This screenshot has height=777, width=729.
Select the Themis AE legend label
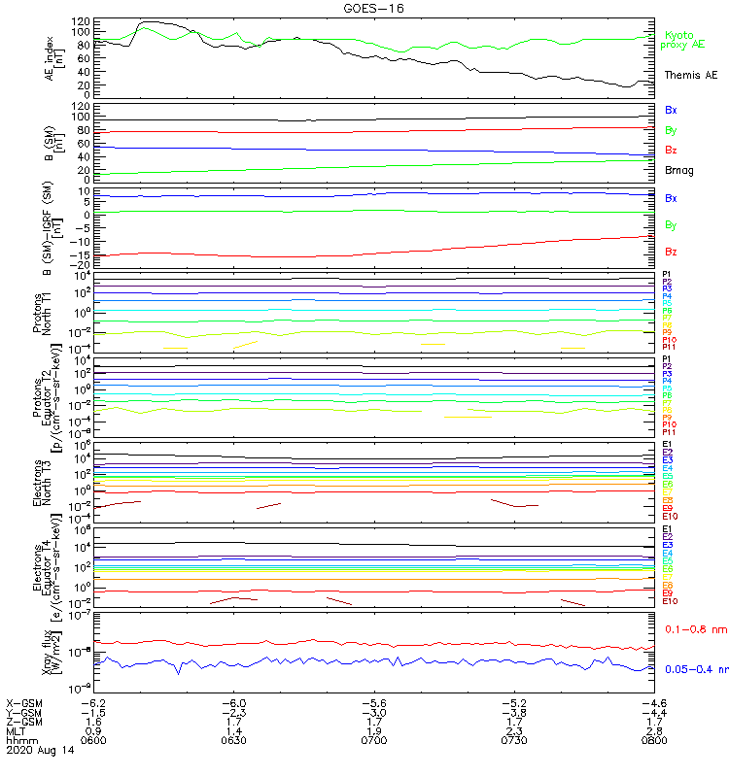pyautogui.click(x=691, y=75)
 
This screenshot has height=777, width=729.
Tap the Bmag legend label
pyautogui.click(x=678, y=170)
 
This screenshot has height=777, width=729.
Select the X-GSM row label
pyautogui.click(x=25, y=702)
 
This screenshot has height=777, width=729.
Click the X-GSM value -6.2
pyautogui.click(x=92, y=702)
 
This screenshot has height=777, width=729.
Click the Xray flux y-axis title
pyautogui.click(x=51, y=650)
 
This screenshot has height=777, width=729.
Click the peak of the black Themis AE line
pyautogui.click(x=148, y=21)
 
